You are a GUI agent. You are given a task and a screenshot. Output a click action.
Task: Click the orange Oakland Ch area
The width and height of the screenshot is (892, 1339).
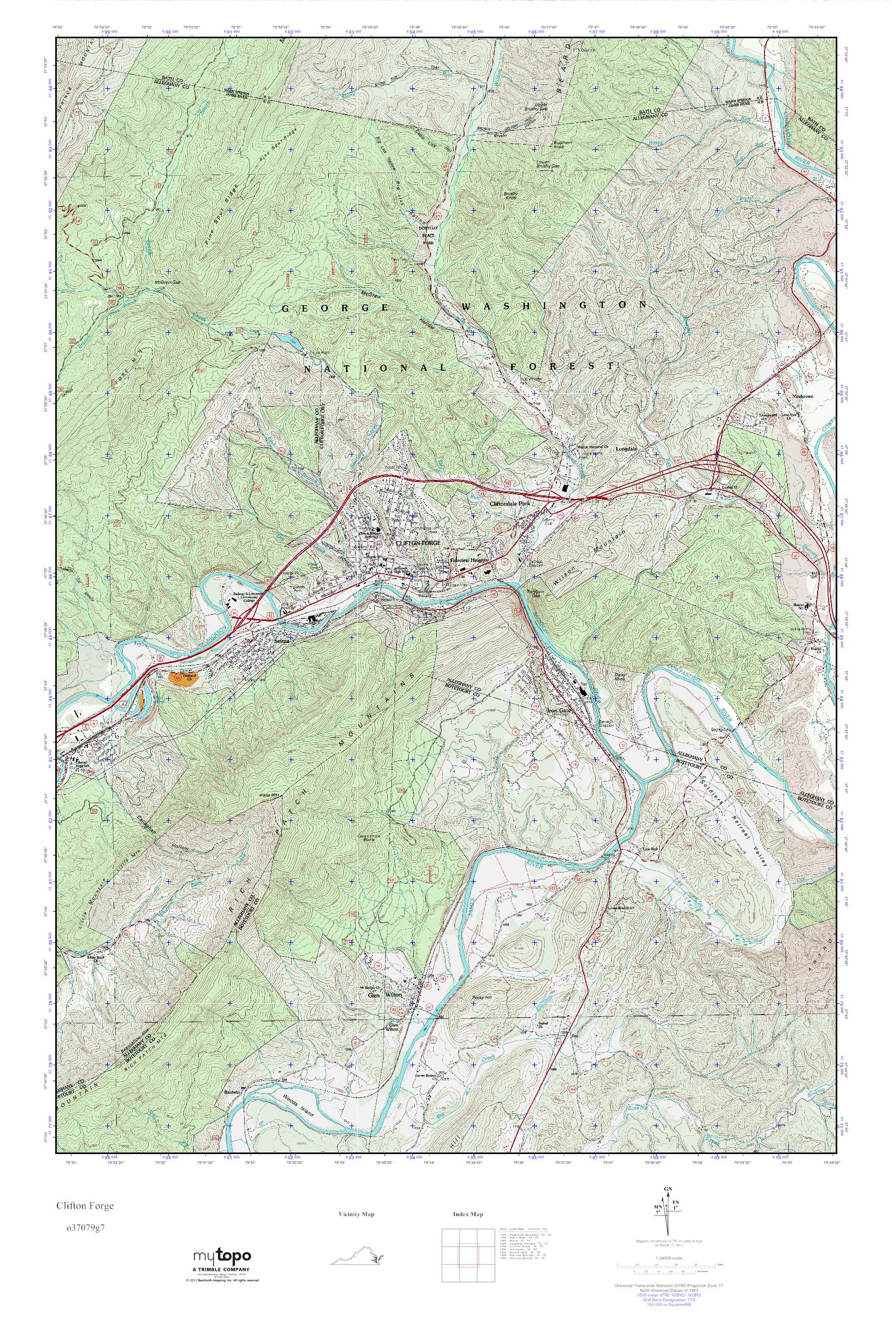click(183, 678)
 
